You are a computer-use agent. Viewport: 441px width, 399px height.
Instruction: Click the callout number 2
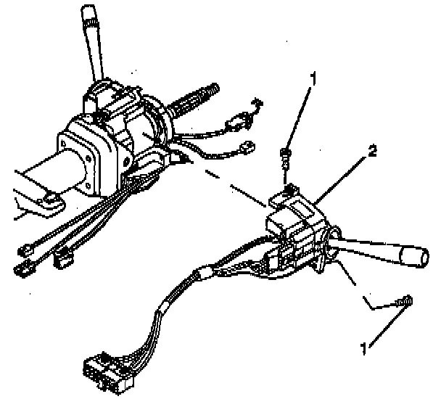[371, 152]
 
